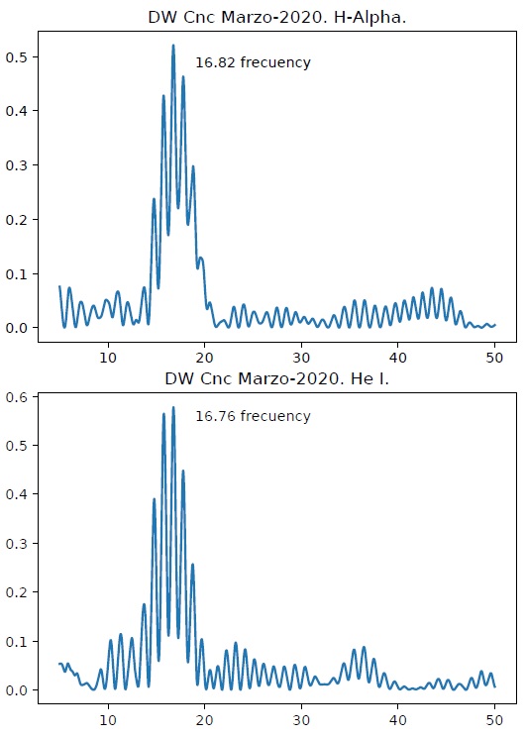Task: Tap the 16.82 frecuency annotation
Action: pyautogui.click(x=253, y=62)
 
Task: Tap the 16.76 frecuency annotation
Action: pyautogui.click(x=253, y=416)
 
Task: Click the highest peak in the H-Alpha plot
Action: pyautogui.click(x=173, y=46)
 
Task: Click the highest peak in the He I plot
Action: pyautogui.click(x=173, y=407)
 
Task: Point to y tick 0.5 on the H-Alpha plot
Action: pyautogui.click(x=22, y=57)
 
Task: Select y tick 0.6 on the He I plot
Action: pyautogui.click(x=22, y=396)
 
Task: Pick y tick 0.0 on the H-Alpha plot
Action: pyautogui.click(x=22, y=328)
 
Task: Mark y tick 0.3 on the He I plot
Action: pyautogui.click(x=22, y=543)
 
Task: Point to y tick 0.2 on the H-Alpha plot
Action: pyautogui.click(x=22, y=220)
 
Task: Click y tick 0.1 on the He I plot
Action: pyautogui.click(x=22, y=641)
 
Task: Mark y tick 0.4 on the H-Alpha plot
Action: pyautogui.click(x=22, y=111)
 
